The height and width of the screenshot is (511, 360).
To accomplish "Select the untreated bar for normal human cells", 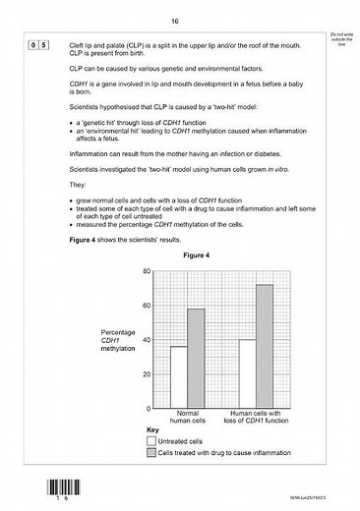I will click(178, 376).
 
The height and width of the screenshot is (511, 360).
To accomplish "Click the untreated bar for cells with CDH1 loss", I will click(247, 373).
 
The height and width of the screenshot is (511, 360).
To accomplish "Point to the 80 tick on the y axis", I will click(146, 271).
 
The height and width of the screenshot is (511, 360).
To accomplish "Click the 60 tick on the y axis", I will click(146, 306).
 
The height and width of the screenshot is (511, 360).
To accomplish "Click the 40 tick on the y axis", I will click(146, 340).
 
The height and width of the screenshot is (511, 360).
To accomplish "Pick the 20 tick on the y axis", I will click(146, 374).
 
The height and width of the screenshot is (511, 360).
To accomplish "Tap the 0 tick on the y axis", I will click(148, 408).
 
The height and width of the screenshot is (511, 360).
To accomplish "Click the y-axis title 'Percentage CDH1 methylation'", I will click(117, 340).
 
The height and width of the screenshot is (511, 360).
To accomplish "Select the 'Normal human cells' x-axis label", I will click(187, 418).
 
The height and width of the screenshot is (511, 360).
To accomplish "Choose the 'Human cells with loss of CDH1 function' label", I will click(256, 418).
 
